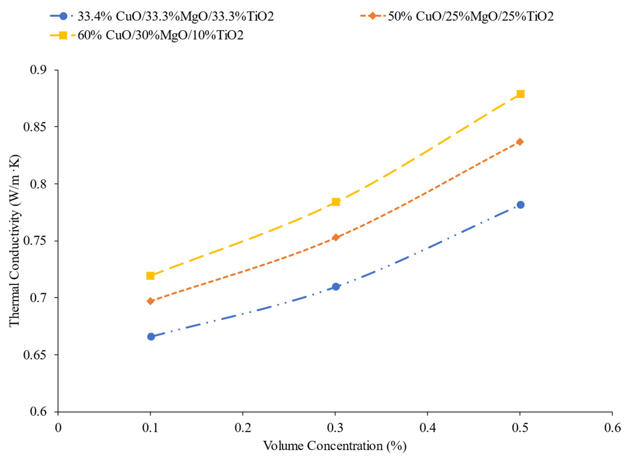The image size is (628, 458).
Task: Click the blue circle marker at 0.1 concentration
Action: [151, 337]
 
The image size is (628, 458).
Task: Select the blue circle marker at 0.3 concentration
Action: [336, 286]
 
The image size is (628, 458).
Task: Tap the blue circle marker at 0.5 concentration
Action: [520, 205]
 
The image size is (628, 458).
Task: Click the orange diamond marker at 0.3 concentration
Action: [336, 237]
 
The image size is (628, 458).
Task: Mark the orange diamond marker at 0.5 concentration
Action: [520, 142]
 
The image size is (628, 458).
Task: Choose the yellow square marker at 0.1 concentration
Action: [150, 276]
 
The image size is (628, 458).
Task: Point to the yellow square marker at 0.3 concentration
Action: [336, 202]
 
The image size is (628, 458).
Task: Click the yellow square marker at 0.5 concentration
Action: [520, 94]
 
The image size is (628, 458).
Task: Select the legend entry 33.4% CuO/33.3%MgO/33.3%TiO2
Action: [175, 17]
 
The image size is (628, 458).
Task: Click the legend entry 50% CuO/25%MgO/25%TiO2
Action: [470, 17]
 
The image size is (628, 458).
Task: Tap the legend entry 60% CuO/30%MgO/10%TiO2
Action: [160, 35]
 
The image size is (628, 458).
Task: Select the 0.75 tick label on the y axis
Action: [35, 241]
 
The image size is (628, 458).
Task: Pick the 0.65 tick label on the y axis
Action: [35, 355]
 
